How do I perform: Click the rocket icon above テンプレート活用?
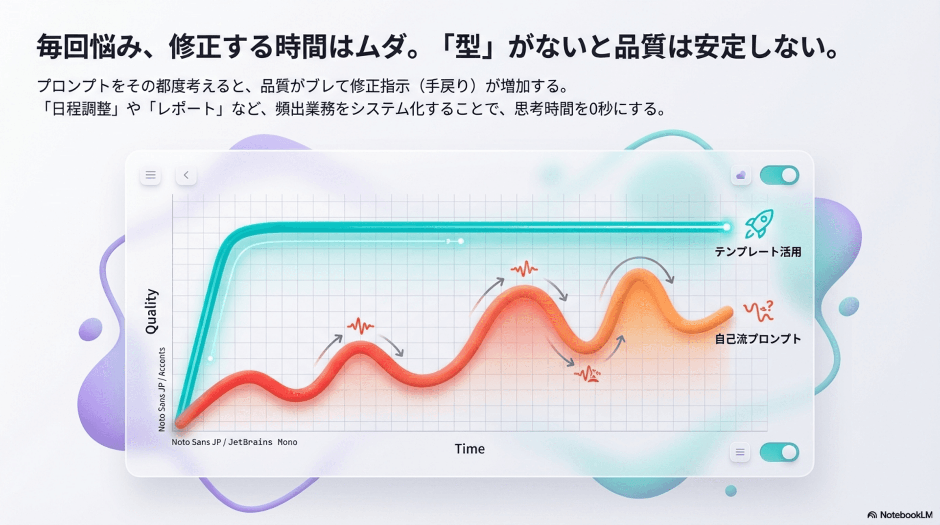point(759,224)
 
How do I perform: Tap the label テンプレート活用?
point(758,252)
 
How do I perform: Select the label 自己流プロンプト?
point(758,339)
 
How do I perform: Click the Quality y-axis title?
point(151,311)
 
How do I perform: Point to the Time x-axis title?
point(470,449)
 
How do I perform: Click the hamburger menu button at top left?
point(150,175)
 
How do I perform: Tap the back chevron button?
point(186,175)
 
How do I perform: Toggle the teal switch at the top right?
point(779,175)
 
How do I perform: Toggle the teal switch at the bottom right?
point(779,452)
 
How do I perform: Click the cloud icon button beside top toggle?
point(741,175)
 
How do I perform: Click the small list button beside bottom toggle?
point(740,452)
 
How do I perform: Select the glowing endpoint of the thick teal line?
point(727,227)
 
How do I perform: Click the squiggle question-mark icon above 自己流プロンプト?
point(758,311)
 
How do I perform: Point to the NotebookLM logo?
point(900,515)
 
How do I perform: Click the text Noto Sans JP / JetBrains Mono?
point(235,442)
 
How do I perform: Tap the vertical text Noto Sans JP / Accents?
point(162,389)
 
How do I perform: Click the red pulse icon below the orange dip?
point(587,374)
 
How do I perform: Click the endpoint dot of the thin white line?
point(461,241)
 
